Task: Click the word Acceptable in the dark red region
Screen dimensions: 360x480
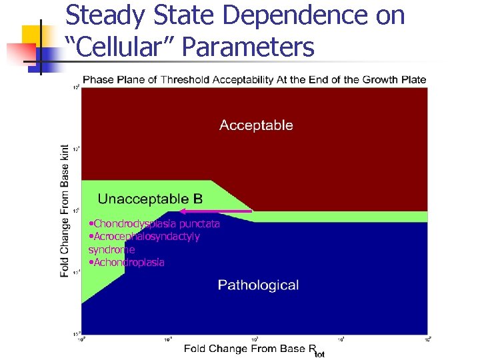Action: [x=256, y=125]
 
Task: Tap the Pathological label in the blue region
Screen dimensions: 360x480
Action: [x=258, y=285]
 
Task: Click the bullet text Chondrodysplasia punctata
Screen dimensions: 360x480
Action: [x=154, y=224]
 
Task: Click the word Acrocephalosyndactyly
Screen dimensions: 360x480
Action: [x=146, y=237]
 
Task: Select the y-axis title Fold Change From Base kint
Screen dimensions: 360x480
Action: [x=65, y=211]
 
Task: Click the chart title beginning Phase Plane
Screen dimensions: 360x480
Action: [x=254, y=80]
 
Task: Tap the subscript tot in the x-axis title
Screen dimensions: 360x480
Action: [x=319, y=353]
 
